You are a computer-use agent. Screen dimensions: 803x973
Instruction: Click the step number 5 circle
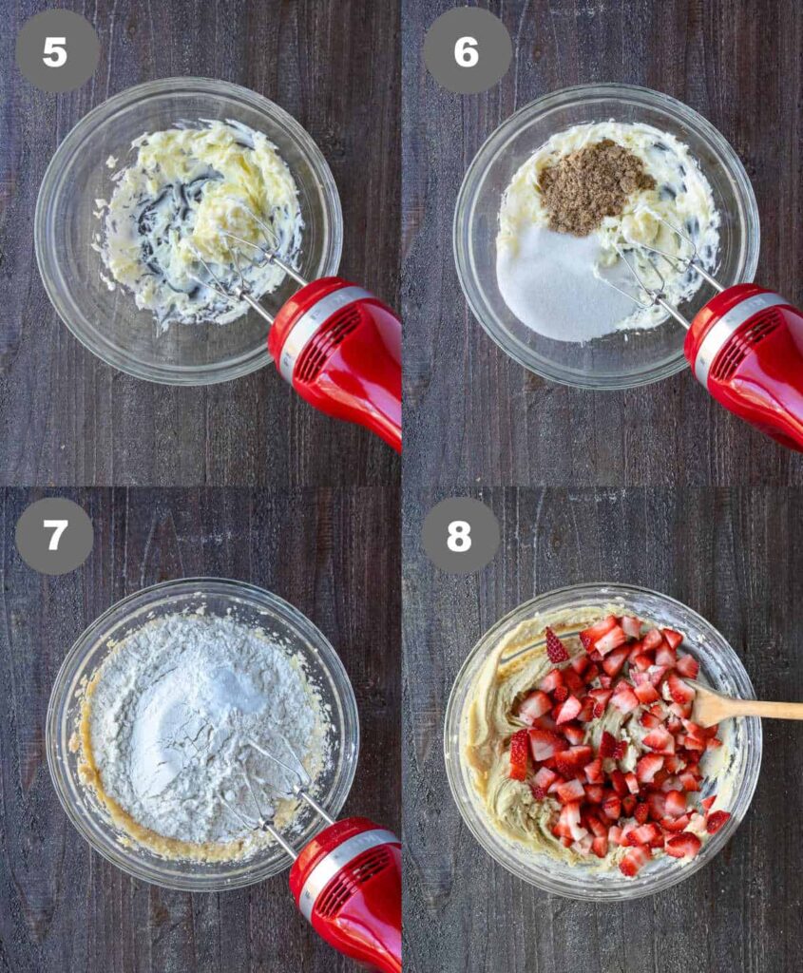coord(57,51)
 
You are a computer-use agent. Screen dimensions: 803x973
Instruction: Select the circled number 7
coord(54,535)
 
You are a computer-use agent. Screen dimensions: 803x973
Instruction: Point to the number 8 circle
coord(460,534)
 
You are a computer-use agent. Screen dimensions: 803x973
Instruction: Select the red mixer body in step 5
coord(338,353)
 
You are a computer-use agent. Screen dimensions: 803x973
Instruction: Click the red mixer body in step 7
coord(348,893)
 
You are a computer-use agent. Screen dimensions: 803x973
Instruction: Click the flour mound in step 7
coord(199,726)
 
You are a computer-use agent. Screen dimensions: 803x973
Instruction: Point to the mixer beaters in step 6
coord(658,267)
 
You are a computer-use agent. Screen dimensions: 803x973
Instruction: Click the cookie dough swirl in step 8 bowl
coord(496,745)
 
